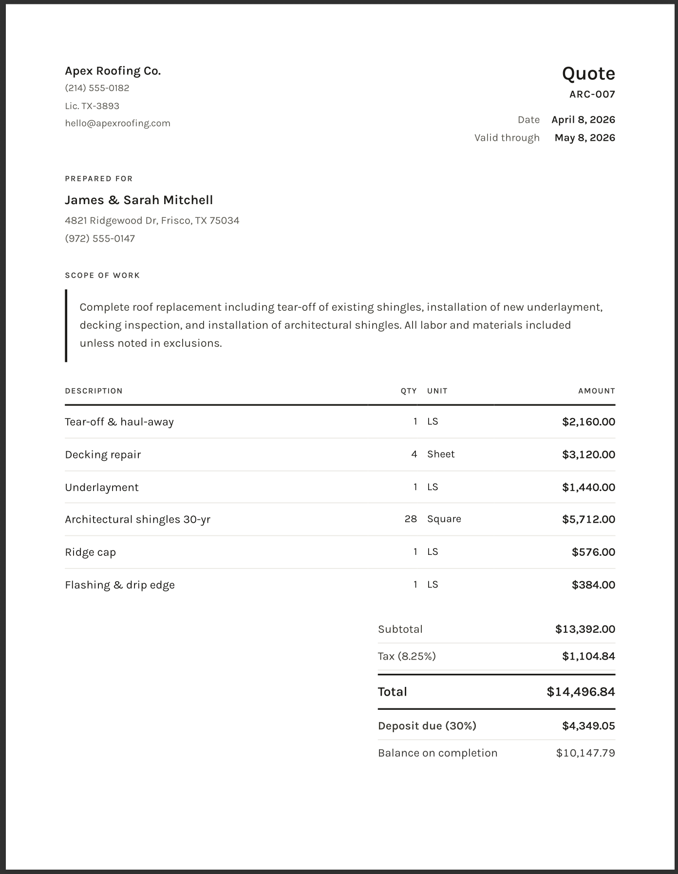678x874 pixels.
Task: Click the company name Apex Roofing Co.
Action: [x=113, y=71]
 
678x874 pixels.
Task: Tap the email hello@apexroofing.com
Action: [x=117, y=123]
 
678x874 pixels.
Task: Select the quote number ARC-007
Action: [x=592, y=95]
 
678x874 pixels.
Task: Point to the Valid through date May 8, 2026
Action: [x=584, y=138]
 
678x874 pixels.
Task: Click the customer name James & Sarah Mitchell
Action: [x=139, y=200]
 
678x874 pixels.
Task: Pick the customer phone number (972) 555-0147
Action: [x=100, y=239]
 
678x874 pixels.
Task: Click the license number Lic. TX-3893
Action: [x=92, y=106]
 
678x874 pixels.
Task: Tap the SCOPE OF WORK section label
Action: [x=102, y=276]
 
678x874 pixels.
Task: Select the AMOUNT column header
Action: [x=596, y=391]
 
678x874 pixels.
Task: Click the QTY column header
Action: [x=409, y=391]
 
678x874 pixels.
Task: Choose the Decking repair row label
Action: [x=103, y=455]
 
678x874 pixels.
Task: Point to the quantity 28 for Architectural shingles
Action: [x=411, y=519]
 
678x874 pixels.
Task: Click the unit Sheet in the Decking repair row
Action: [x=441, y=455]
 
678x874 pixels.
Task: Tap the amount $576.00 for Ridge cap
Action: [x=593, y=552]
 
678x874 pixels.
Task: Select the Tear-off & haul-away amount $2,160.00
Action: [x=588, y=422]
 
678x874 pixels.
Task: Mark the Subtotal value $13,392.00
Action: [x=585, y=629]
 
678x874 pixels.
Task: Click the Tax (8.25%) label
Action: [x=407, y=657]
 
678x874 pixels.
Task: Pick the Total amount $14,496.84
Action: [x=581, y=692]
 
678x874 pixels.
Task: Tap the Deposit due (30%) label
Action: [x=427, y=726]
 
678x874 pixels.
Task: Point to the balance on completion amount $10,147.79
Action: [x=585, y=753]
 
